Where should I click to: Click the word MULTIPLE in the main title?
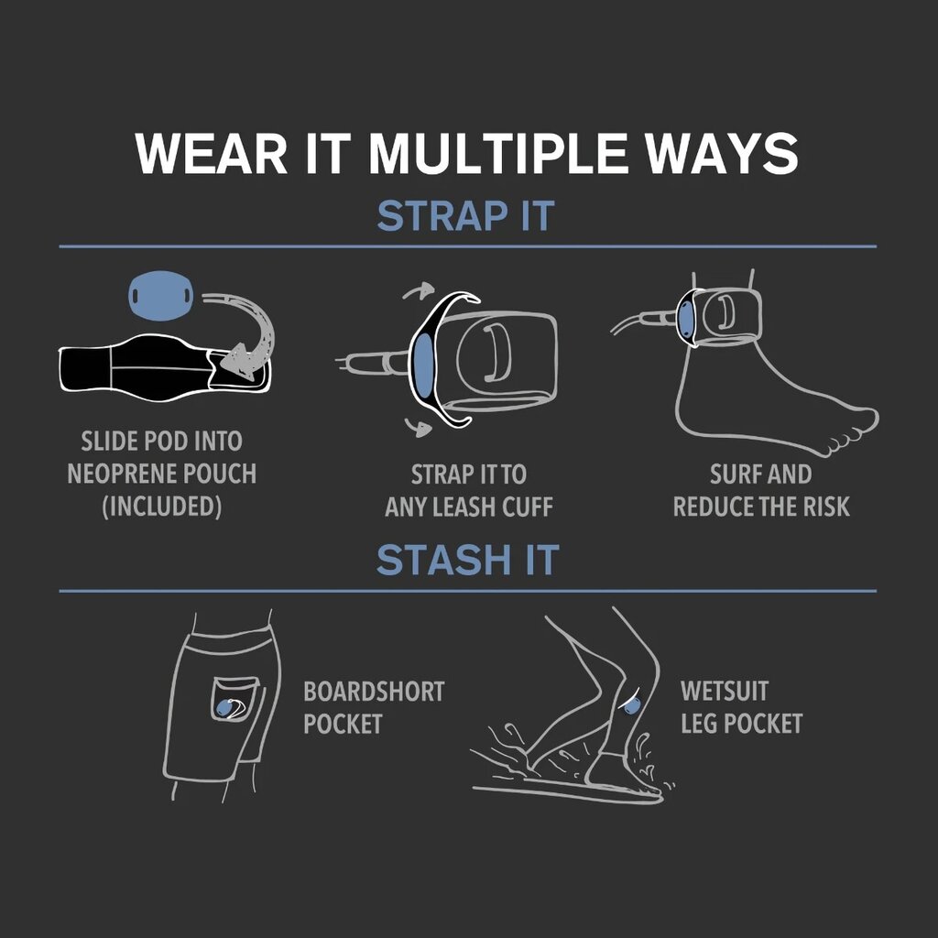click(x=497, y=154)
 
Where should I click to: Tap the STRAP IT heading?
click(x=466, y=216)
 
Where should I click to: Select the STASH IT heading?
click(x=468, y=560)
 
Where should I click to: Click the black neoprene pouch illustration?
click(x=165, y=367)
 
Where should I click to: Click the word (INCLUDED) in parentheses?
click(x=161, y=506)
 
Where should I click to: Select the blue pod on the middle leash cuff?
click(x=423, y=366)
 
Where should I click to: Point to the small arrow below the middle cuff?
click(x=418, y=427)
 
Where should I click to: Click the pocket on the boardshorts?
click(x=234, y=699)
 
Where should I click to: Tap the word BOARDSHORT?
click(x=374, y=692)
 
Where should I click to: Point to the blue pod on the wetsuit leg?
click(x=632, y=705)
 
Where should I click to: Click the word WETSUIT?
click(x=724, y=691)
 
